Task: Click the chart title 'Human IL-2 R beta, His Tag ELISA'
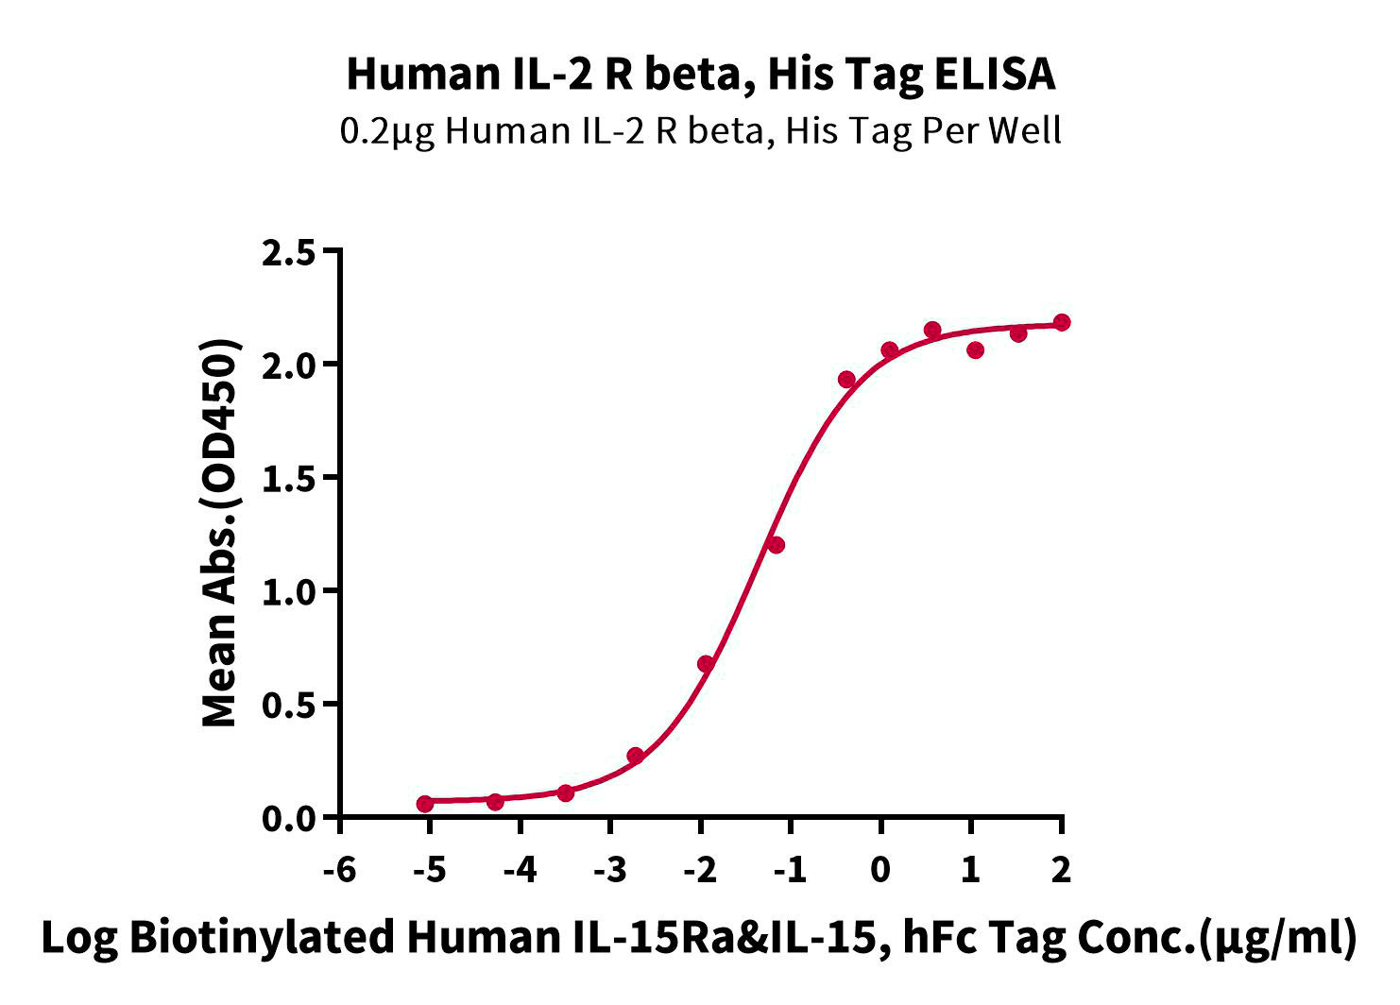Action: coord(701,75)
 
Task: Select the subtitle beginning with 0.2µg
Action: coord(701,132)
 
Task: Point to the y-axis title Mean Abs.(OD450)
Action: coord(220,533)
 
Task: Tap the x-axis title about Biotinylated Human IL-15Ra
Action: coord(699,938)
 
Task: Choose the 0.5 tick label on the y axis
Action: coord(288,706)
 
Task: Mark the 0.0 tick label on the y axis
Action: coord(288,819)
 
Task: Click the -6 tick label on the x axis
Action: coord(339,870)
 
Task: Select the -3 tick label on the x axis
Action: coord(610,870)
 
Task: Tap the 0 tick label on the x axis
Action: coord(880,870)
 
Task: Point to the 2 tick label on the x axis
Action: coord(1061,870)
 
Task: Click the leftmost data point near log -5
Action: coord(425,804)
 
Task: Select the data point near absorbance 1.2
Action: coord(776,545)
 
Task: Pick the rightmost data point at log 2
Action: coord(1061,322)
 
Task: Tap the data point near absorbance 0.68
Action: coord(706,664)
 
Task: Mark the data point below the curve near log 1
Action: coord(975,350)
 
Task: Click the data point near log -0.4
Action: coord(846,380)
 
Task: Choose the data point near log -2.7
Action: coord(635,756)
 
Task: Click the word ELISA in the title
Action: coord(995,74)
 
